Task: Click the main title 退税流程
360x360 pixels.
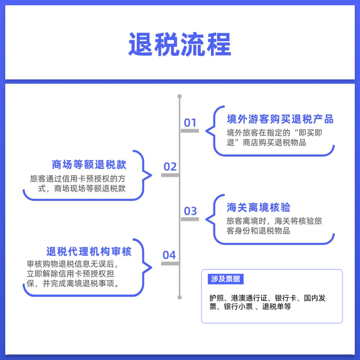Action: [x=179, y=45]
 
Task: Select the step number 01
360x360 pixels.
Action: [x=190, y=122]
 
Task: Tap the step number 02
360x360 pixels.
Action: [x=170, y=167]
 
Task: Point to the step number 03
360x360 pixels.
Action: [x=190, y=210]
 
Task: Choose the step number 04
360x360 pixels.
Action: [x=169, y=255]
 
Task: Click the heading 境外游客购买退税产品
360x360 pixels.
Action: [x=280, y=119]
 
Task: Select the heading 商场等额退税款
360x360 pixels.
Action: [x=89, y=165]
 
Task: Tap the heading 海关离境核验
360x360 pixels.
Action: [x=259, y=207]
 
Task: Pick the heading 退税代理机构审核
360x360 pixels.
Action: [x=89, y=251]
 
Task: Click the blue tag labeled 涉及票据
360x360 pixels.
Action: [x=225, y=279]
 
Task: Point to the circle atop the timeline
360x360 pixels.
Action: [x=179, y=96]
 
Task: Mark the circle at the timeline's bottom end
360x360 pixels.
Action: [x=179, y=297]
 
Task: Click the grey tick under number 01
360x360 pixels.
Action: [x=189, y=131]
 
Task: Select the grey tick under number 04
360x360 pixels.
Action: [x=170, y=263]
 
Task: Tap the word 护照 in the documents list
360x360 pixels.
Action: [x=217, y=298]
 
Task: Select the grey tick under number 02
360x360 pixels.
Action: [x=170, y=175]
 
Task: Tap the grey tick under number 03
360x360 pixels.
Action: [x=189, y=219]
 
